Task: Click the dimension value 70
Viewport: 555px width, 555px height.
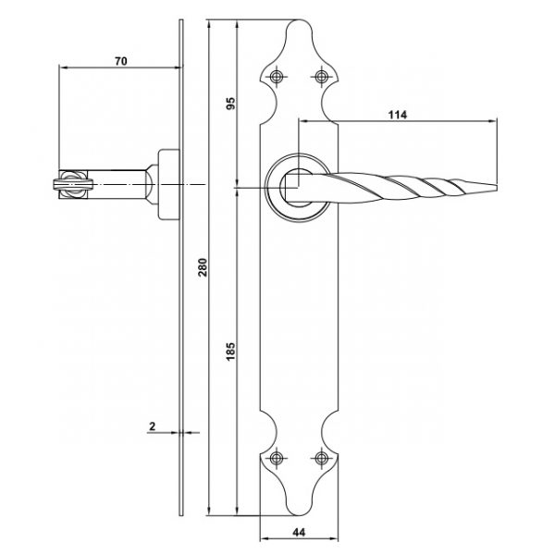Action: click(x=120, y=61)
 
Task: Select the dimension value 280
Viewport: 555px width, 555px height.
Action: click(x=203, y=267)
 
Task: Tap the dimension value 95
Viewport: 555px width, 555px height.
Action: click(x=230, y=103)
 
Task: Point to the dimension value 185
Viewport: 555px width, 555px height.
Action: click(x=230, y=351)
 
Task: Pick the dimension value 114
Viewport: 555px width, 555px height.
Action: click(x=398, y=115)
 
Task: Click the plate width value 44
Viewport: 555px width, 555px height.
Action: click(x=299, y=532)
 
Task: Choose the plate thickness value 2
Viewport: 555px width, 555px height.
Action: click(x=153, y=426)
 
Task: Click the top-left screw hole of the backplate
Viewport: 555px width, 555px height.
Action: click(x=277, y=77)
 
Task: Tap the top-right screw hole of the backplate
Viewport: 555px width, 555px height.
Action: click(x=321, y=77)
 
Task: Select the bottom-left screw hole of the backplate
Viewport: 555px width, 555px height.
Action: click(x=277, y=459)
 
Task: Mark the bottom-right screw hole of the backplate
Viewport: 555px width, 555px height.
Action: click(x=321, y=459)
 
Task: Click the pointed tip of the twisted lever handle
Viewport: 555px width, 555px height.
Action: click(x=497, y=187)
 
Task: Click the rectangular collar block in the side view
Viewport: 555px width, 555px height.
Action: click(x=168, y=184)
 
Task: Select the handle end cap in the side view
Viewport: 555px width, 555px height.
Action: click(x=73, y=184)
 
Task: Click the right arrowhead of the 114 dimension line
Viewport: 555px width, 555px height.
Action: click(x=493, y=121)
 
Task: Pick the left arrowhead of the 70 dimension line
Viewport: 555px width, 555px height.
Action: click(x=63, y=67)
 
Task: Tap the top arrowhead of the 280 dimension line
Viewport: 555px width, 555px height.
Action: click(x=209, y=24)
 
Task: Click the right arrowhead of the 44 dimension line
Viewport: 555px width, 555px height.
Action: click(x=334, y=539)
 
